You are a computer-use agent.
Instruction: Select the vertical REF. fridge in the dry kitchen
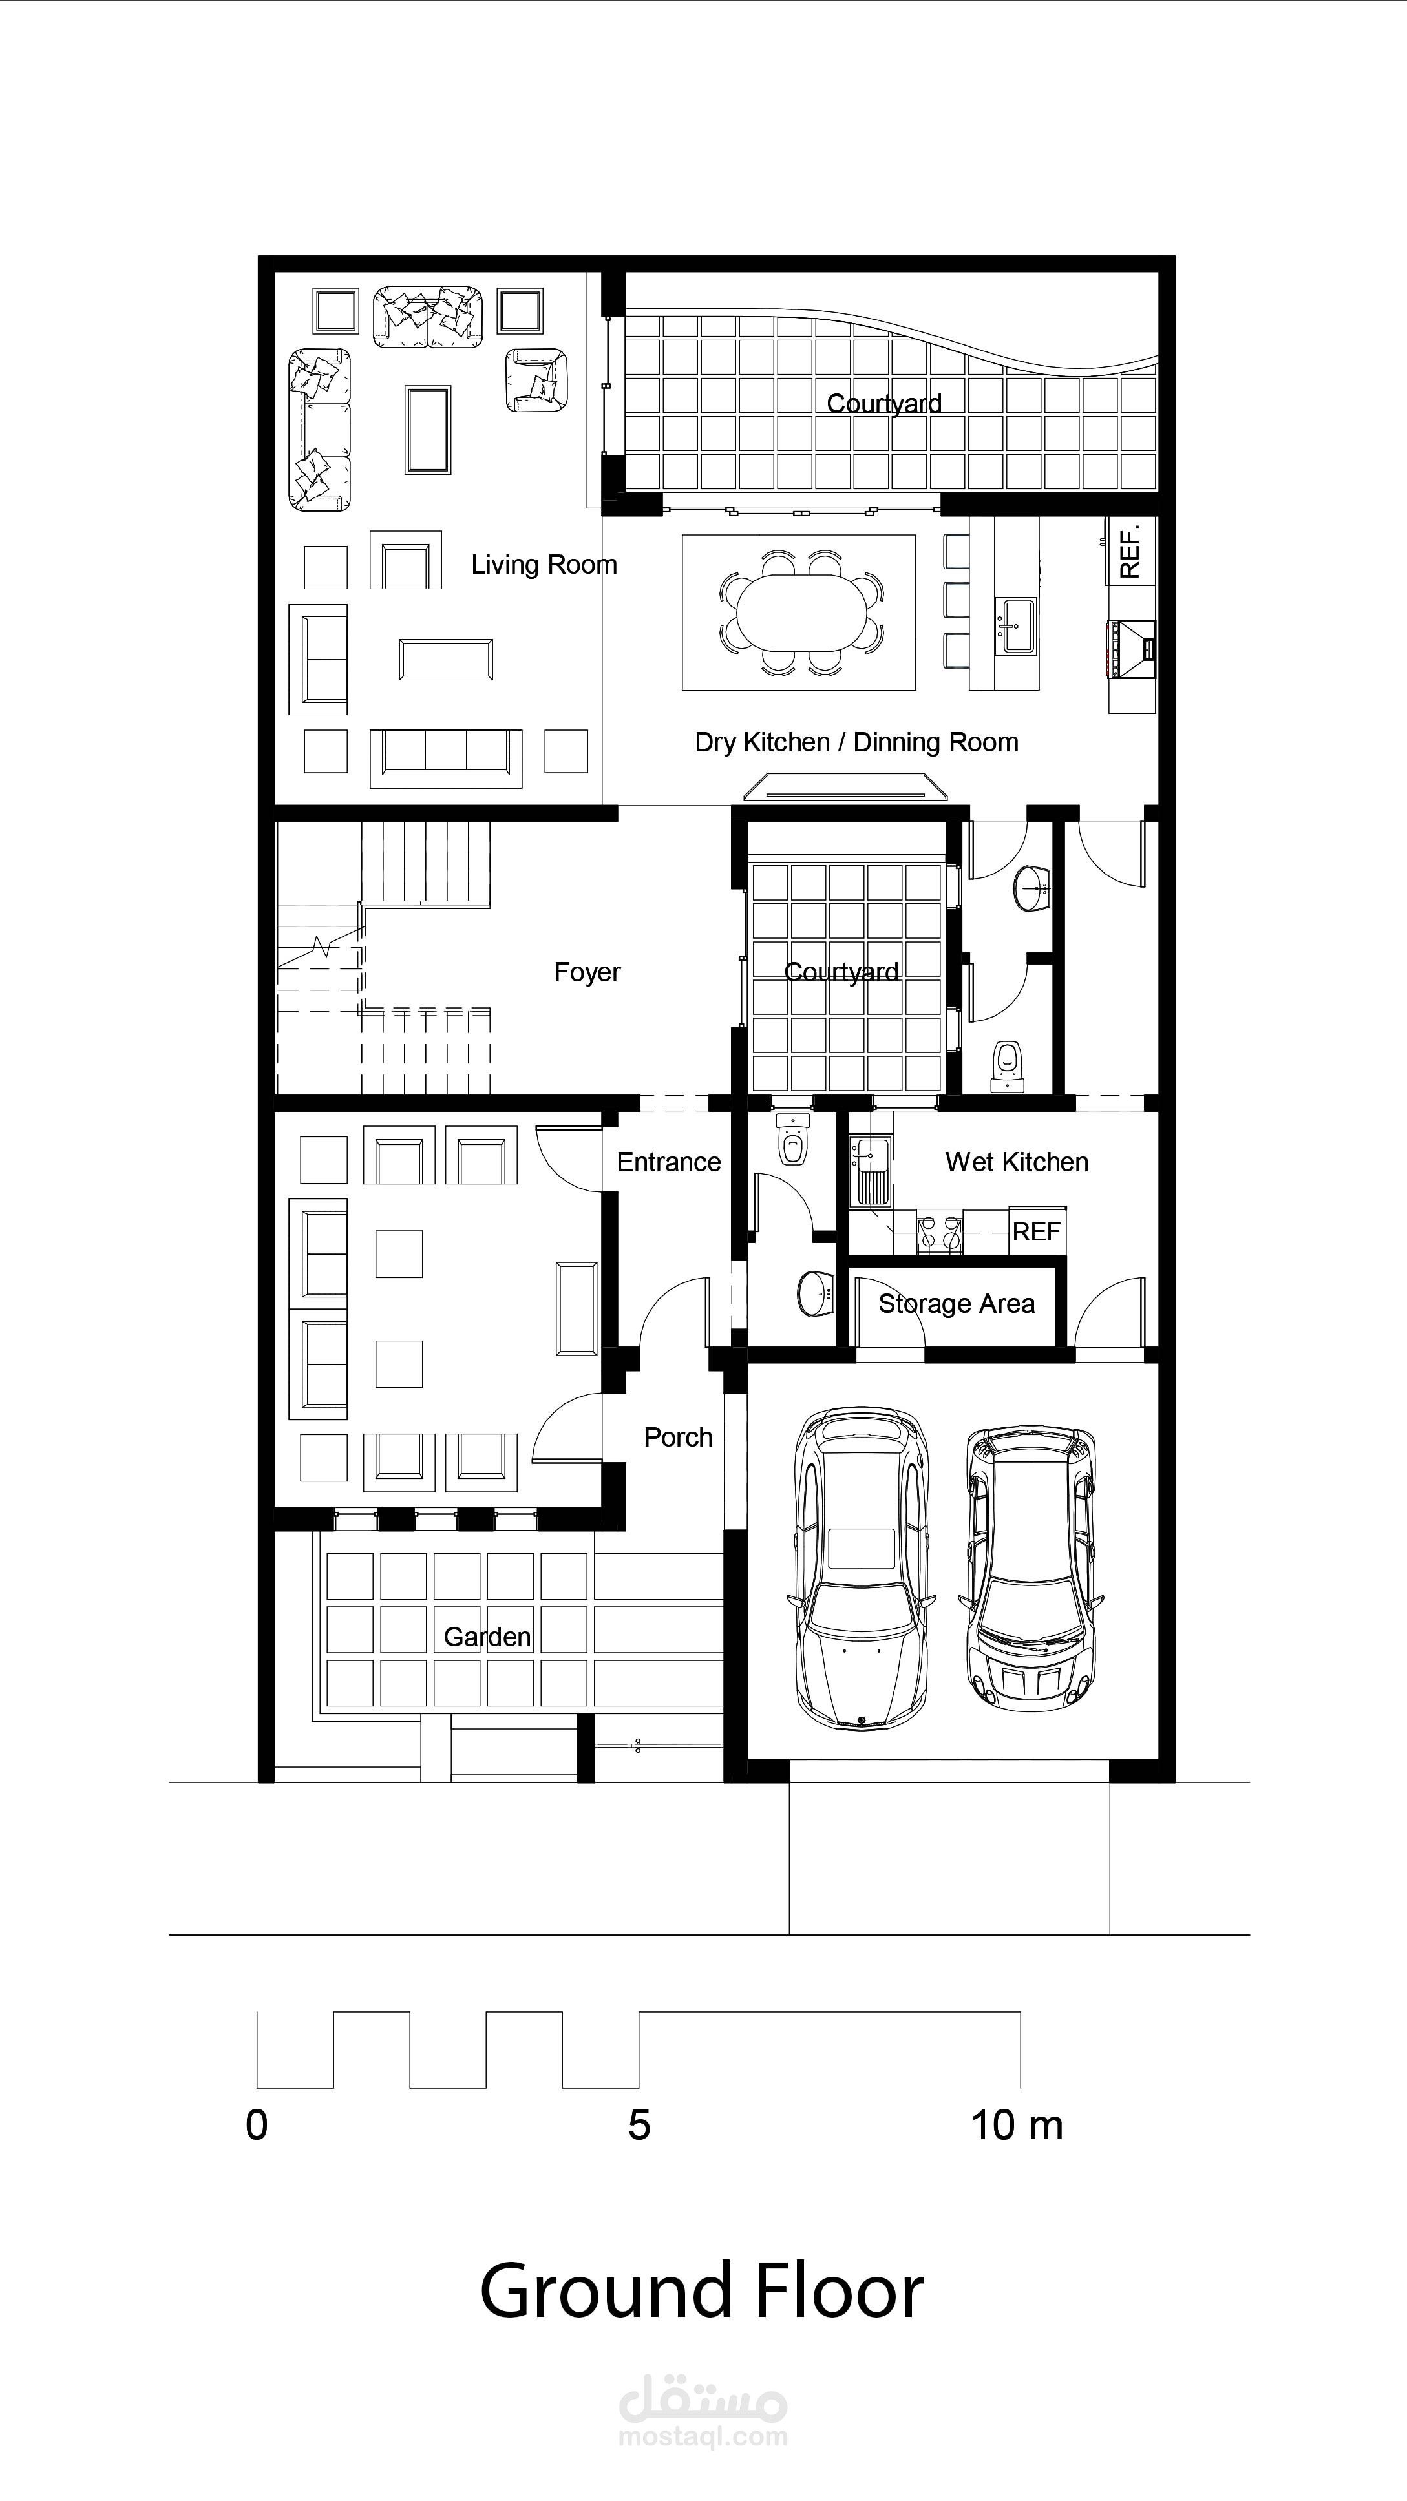pyautogui.click(x=1131, y=550)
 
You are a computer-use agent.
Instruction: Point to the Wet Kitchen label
pyautogui.click(x=1017, y=1162)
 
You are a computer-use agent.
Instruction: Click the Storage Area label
pyautogui.click(x=957, y=1304)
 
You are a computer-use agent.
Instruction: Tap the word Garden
pyautogui.click(x=487, y=1637)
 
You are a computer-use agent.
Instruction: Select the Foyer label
pyautogui.click(x=586, y=972)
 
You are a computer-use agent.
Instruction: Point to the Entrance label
pyautogui.click(x=668, y=1162)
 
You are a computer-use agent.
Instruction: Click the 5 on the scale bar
pyautogui.click(x=639, y=2126)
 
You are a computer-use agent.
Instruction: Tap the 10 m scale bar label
pyautogui.click(x=1017, y=2126)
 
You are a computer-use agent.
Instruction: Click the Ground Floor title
pyautogui.click(x=701, y=2292)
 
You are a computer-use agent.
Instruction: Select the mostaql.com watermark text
pyautogui.click(x=703, y=2438)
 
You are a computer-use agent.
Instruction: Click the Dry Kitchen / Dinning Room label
pyautogui.click(x=856, y=743)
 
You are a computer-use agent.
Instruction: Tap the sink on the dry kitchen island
pyautogui.click(x=1016, y=625)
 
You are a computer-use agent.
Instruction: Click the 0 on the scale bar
pyautogui.click(x=257, y=2126)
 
